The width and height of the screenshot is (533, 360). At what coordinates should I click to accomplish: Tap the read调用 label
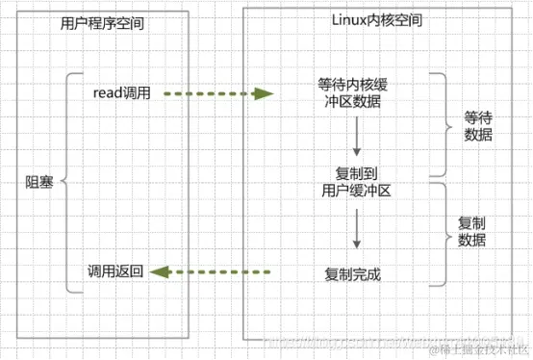tap(121, 93)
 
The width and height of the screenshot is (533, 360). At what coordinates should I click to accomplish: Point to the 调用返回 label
tap(114, 272)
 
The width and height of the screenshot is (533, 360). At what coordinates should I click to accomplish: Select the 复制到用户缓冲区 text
tap(355, 181)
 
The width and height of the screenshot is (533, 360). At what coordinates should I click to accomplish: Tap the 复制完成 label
tap(353, 274)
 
